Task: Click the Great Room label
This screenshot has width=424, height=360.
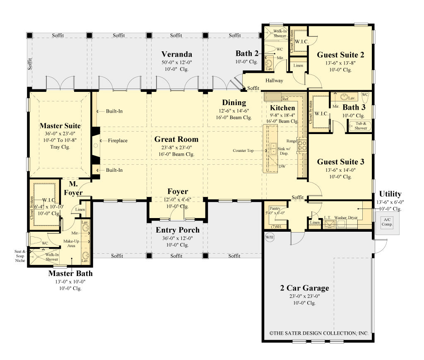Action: click(176, 139)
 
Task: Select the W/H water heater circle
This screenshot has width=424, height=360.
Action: click(270, 238)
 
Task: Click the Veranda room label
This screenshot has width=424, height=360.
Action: click(177, 54)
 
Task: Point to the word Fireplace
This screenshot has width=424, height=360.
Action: click(118, 141)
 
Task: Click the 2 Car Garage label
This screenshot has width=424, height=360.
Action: click(304, 288)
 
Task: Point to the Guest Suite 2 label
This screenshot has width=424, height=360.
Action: click(340, 55)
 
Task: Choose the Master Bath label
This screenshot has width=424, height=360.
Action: click(70, 274)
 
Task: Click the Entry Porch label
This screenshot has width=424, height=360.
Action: click(178, 230)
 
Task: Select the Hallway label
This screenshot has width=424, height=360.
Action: click(275, 80)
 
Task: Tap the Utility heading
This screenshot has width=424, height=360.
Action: click(390, 194)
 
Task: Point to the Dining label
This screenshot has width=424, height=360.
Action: click(234, 103)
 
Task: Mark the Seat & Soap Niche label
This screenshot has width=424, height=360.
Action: click(20, 256)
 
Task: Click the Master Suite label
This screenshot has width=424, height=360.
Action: click(60, 125)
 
